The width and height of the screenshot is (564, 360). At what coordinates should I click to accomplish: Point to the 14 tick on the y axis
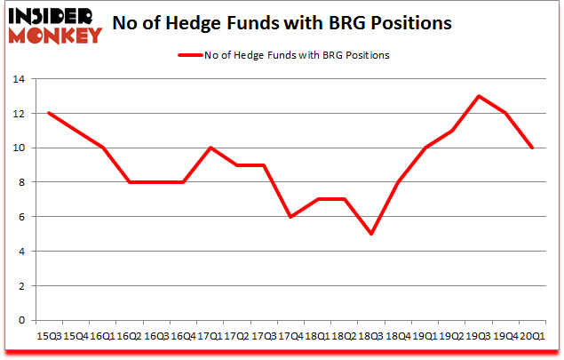pos(19,79)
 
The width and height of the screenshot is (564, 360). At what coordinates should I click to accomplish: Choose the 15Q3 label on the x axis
pos(48,336)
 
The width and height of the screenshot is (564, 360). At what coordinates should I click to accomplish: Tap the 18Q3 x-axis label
pos(370,336)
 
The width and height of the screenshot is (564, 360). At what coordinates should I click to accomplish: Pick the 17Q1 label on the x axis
pos(209,336)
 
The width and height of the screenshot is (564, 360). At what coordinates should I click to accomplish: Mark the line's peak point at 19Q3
pos(479,96)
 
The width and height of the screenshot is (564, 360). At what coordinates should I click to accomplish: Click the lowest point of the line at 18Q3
pos(370,234)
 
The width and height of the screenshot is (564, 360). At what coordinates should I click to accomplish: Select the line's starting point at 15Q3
pos(48,113)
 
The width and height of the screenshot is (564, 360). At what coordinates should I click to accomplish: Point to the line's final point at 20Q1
pos(532,148)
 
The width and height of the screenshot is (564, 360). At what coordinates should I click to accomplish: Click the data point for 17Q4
pos(290,217)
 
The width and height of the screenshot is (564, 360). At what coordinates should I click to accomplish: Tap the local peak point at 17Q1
pos(210,148)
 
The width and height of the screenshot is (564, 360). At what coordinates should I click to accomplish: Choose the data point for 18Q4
pos(398,182)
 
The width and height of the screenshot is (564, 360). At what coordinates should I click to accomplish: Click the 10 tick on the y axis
pos(19,148)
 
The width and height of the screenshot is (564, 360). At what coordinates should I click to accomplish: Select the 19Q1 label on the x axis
pos(425,336)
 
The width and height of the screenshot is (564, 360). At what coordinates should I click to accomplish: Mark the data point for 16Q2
pos(129,182)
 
